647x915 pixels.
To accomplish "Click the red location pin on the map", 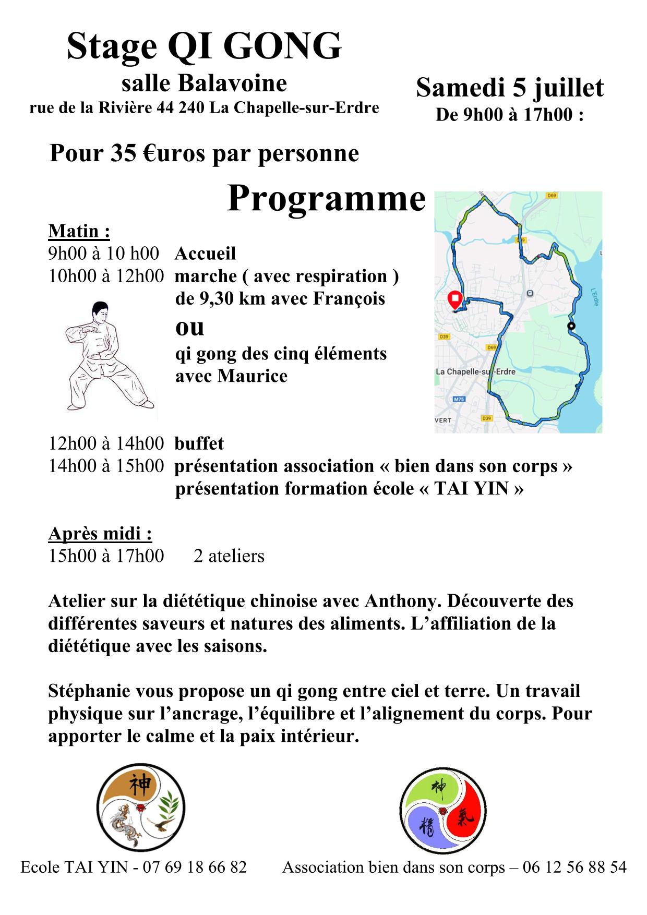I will pos(454,299).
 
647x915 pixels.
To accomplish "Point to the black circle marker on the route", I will pos(571,326).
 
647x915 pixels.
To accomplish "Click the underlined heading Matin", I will pos(79,231).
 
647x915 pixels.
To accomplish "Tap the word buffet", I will pos(199,443).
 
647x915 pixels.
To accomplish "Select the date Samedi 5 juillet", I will pos(509,88).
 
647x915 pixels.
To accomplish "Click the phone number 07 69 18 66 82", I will pos(194,867).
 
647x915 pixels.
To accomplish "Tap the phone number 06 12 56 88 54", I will pos(574,867).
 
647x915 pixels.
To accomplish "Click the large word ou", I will pos(189,327).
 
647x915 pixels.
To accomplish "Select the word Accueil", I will pos(205,254).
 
